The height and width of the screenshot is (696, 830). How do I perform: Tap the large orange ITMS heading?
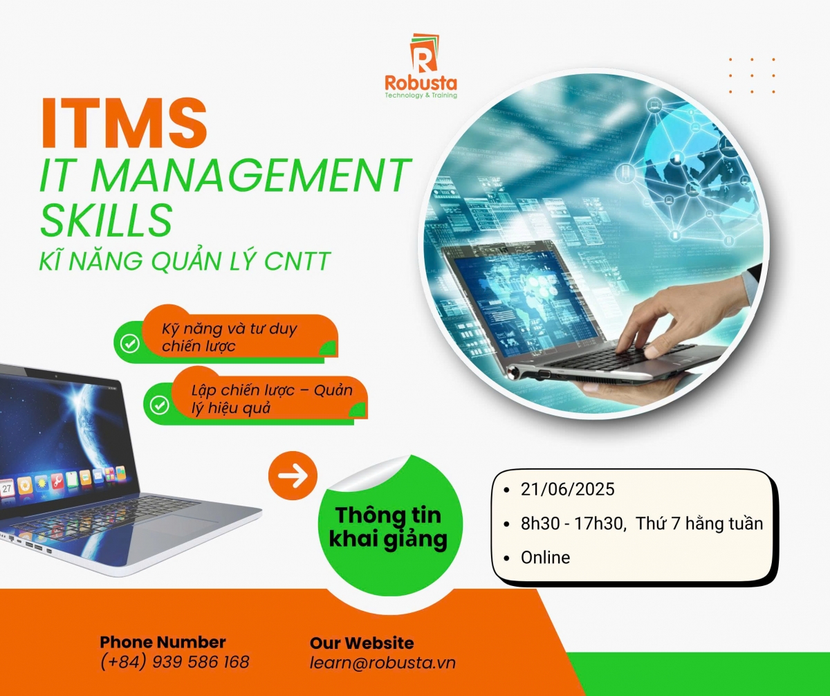coord(124,123)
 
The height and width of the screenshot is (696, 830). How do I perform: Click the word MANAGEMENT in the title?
coord(251,174)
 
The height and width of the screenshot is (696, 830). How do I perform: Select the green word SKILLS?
coord(106,220)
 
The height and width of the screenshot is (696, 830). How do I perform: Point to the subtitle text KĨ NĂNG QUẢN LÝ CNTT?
coord(185,261)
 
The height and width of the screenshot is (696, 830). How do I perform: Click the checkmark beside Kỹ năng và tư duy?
coord(129,343)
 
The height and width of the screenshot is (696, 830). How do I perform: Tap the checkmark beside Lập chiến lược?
coord(159,405)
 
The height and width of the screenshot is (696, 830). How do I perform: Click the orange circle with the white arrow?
coord(293,475)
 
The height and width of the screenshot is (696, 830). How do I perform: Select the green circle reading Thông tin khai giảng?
coord(390,526)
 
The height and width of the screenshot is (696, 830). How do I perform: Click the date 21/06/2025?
coord(568,489)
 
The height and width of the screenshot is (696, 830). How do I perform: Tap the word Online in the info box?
coord(546,558)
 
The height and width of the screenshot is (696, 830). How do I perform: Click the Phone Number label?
coord(163,642)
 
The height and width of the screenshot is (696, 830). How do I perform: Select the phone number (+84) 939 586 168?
coord(175,662)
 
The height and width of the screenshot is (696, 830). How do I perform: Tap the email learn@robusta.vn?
coord(382,663)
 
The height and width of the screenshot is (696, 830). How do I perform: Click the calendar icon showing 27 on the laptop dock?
coord(7,488)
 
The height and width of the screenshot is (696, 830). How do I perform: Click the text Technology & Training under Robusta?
coord(421,95)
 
